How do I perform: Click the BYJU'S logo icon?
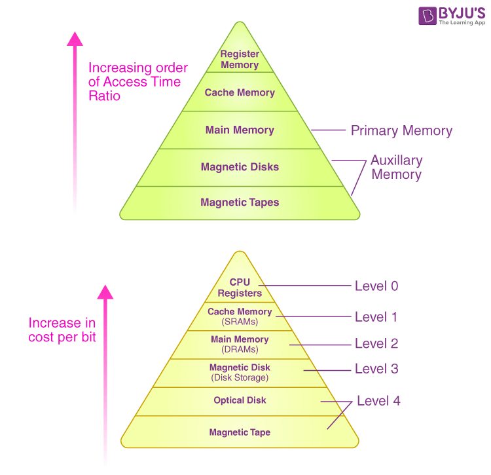coord(427,15)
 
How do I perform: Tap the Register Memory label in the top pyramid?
coord(240,59)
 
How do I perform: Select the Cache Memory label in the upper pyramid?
coord(240,92)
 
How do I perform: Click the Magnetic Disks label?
coord(240,166)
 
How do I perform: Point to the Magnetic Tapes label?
coord(240,202)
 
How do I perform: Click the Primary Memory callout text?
coord(401,130)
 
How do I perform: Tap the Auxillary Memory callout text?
coord(397,167)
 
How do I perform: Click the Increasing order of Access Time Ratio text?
coord(137,81)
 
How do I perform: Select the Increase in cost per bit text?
coord(62,330)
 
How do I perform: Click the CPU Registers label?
coord(240,288)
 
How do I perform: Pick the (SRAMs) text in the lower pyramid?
coord(240,322)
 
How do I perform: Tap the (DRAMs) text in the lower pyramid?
coord(240,349)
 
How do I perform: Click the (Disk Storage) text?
coord(240,377)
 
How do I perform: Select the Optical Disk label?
coord(240,400)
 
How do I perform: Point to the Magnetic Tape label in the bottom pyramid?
coord(240,432)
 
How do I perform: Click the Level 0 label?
coord(376,286)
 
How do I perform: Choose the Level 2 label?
coord(376,343)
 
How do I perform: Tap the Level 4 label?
coord(378,401)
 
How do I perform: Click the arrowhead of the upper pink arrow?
coord(75,39)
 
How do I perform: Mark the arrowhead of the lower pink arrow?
coord(105,292)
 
